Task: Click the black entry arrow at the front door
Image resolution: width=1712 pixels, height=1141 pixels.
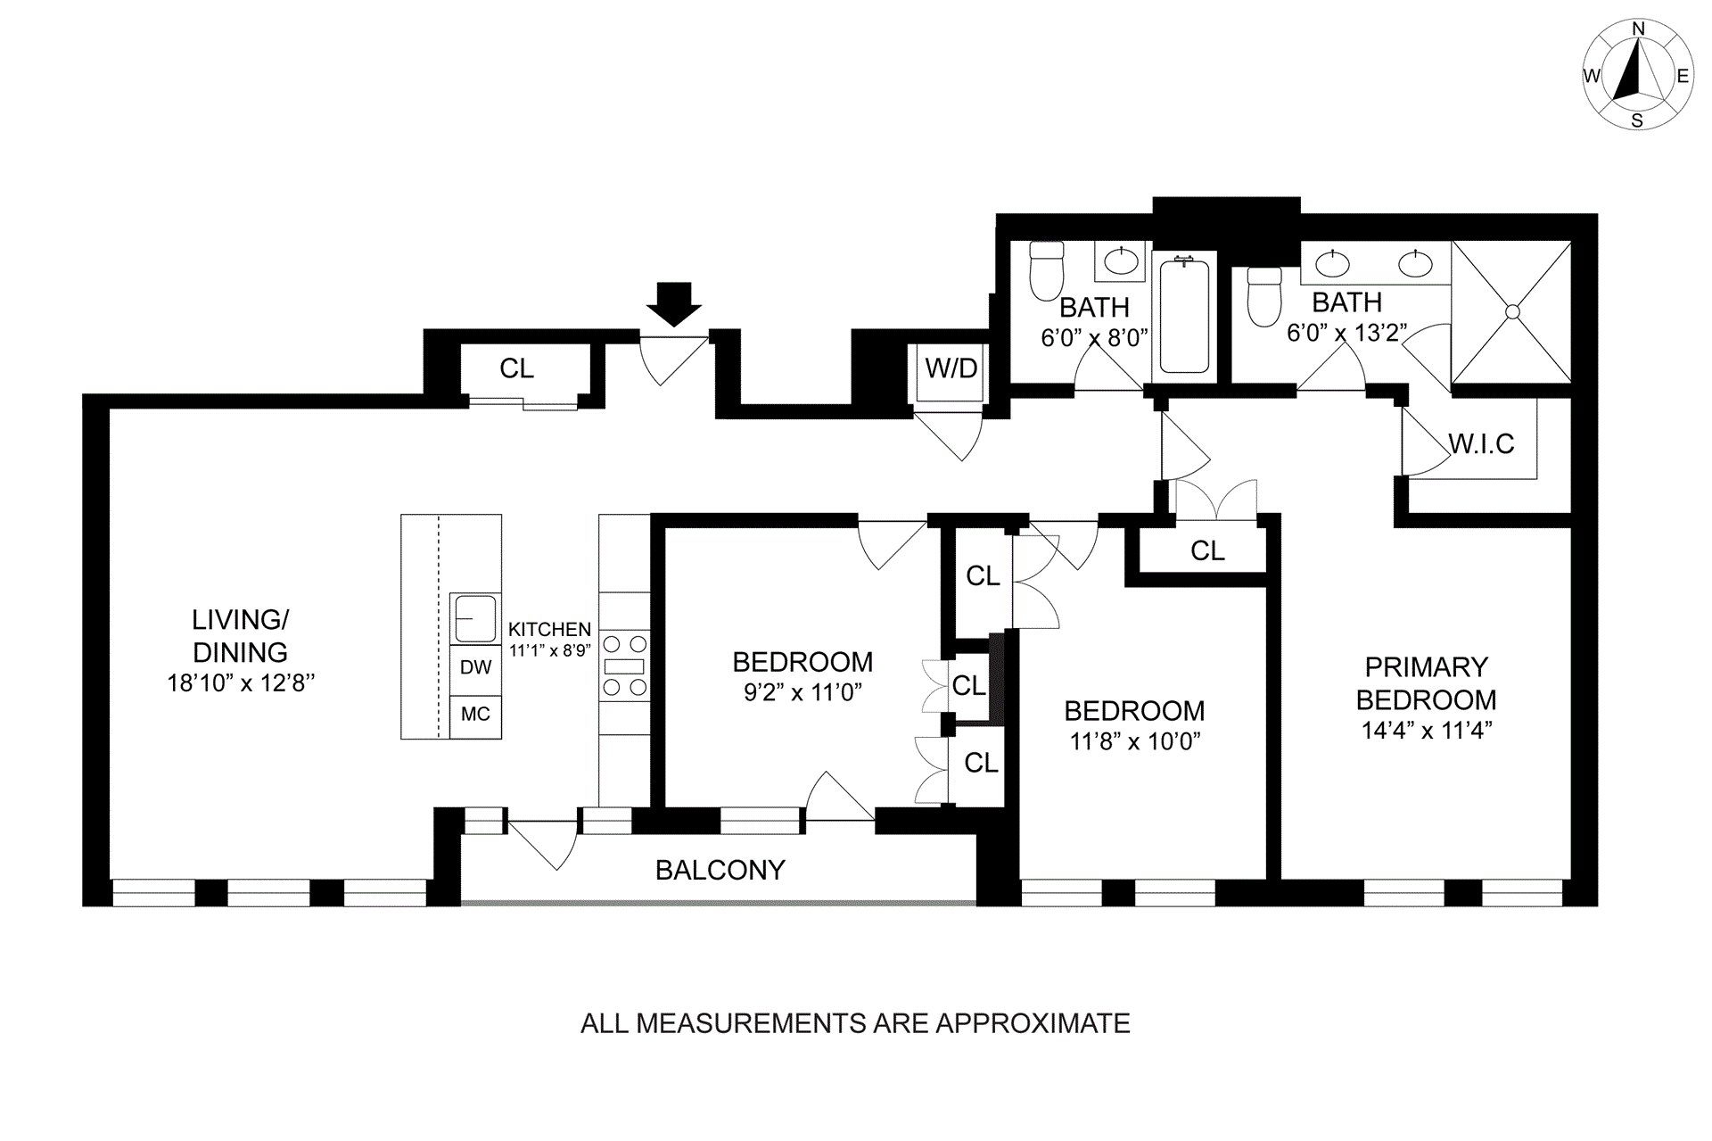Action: (674, 304)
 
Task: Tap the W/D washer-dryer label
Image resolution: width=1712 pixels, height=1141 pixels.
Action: (951, 368)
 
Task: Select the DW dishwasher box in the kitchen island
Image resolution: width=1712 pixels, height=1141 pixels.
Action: (475, 666)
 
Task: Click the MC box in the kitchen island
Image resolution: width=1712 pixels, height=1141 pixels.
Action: (475, 715)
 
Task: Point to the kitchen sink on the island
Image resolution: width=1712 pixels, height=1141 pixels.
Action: (475, 618)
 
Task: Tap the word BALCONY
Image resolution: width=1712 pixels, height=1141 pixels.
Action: (720, 870)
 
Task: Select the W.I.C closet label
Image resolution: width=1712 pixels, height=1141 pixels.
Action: (1481, 443)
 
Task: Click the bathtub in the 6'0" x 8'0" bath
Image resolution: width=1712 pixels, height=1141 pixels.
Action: (1184, 316)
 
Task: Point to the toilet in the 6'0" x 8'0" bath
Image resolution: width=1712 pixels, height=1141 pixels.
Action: (1047, 270)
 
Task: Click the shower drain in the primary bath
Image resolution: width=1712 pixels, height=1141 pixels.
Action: (1512, 311)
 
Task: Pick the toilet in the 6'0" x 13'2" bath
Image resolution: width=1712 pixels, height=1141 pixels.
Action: (1264, 296)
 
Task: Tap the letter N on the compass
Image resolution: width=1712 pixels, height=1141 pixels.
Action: (1638, 29)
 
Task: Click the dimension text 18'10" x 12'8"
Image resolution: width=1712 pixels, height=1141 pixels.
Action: (241, 683)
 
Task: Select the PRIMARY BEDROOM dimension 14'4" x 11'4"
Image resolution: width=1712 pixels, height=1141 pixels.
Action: (1427, 731)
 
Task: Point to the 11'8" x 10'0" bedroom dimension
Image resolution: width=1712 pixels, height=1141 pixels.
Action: (1135, 741)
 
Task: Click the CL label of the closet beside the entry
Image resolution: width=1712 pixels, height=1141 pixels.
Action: (516, 368)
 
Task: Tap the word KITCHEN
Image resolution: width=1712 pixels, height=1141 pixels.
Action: (549, 630)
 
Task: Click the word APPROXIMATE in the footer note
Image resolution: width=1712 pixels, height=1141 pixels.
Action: (1033, 1022)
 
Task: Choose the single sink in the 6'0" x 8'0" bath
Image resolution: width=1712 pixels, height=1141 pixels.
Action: (1121, 260)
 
